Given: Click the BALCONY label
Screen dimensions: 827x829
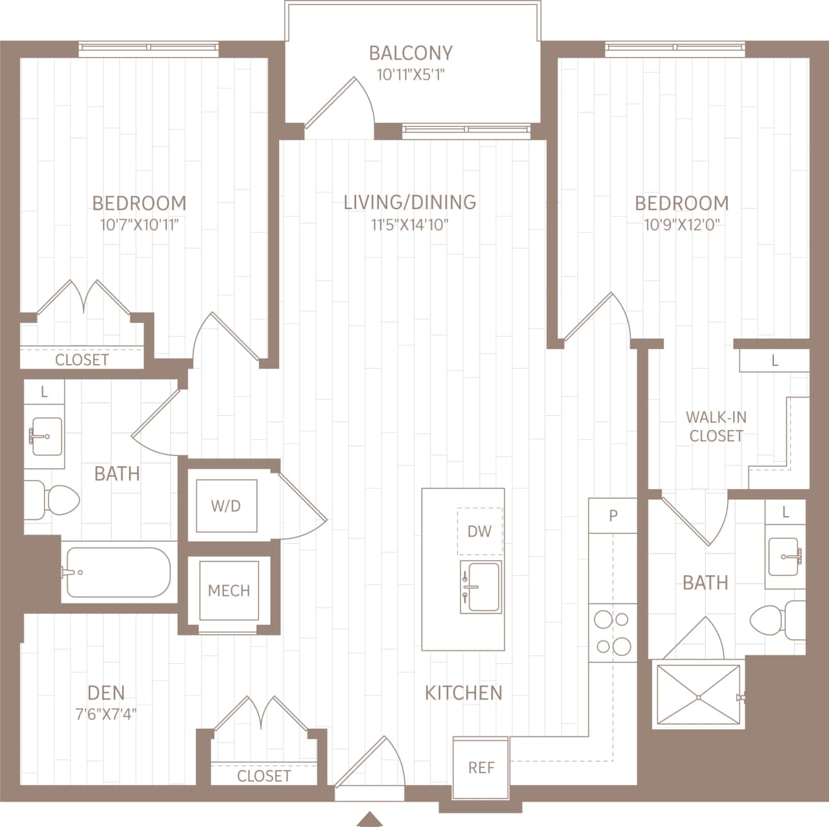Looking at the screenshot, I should [411, 53].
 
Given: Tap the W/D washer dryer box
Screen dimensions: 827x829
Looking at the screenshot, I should [226, 506].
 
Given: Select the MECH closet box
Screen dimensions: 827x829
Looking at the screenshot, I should [229, 591].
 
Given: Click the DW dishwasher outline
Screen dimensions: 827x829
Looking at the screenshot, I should [479, 532].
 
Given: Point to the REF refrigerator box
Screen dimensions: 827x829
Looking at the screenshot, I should [481, 767].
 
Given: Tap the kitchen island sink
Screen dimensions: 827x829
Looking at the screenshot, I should [480, 586].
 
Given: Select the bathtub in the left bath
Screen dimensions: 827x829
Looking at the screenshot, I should [119, 572].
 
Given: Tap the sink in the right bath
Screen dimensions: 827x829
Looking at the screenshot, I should [784, 556].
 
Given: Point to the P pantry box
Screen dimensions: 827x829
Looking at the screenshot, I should [613, 515].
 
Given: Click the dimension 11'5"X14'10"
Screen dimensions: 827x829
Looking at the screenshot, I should [409, 225].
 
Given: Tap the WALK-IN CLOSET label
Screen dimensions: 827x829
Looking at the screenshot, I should [716, 426].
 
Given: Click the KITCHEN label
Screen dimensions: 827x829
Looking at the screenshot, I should [463, 693].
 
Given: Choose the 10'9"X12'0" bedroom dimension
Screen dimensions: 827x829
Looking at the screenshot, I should [681, 225].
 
